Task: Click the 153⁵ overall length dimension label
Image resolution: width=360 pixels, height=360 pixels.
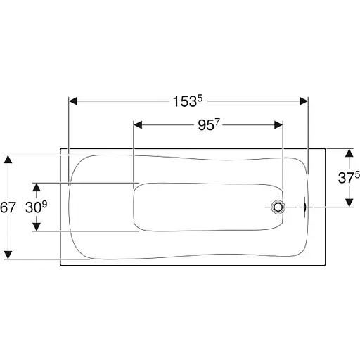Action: (188, 101)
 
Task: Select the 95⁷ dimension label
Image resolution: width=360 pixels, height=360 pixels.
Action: (209, 125)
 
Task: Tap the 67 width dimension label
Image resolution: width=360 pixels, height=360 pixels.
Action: (8, 207)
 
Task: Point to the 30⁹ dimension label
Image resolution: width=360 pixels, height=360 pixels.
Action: (36, 207)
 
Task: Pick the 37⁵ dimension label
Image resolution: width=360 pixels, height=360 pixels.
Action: (349, 177)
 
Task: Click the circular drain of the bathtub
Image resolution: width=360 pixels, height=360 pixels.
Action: (278, 207)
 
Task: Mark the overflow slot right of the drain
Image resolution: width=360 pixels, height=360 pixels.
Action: (304, 207)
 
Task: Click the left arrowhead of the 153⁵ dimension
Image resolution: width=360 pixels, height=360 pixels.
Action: (73, 101)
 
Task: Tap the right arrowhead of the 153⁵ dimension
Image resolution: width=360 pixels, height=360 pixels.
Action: (304, 101)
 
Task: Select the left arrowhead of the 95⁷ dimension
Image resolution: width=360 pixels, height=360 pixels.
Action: (138, 125)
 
